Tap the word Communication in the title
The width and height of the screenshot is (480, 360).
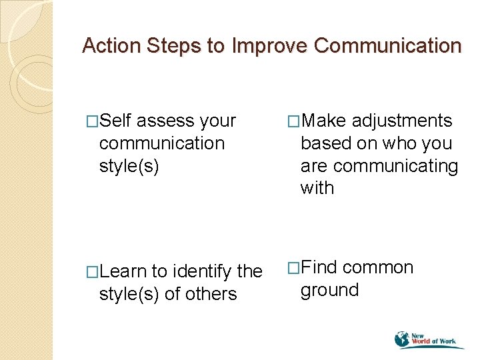(387, 46)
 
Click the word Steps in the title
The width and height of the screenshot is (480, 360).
(174, 46)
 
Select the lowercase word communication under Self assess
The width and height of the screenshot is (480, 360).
(161, 143)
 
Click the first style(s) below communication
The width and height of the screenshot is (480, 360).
(129, 165)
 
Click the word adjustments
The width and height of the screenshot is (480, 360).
(402, 121)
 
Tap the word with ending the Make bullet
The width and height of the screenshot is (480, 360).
(317, 188)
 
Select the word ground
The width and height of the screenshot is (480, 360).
(329, 290)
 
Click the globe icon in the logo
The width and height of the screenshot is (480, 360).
(403, 339)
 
